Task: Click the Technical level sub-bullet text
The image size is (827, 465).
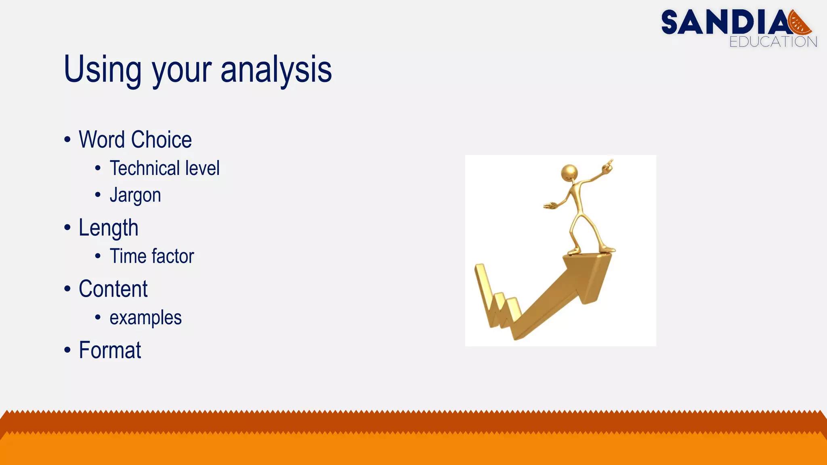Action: (164, 168)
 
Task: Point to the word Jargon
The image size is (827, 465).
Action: (135, 195)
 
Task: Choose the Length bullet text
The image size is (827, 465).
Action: (108, 228)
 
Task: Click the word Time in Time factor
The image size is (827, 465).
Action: (128, 256)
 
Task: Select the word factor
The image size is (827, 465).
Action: (173, 256)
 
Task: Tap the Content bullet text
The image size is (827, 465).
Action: (113, 289)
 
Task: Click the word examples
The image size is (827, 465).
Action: (145, 318)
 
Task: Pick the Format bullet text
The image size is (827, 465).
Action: (110, 350)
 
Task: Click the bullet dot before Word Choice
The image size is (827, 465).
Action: (67, 140)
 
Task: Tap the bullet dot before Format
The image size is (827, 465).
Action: (67, 350)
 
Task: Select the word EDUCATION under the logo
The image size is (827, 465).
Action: (773, 42)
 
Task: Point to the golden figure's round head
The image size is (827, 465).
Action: (569, 173)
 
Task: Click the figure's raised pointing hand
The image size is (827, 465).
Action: (607, 165)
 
